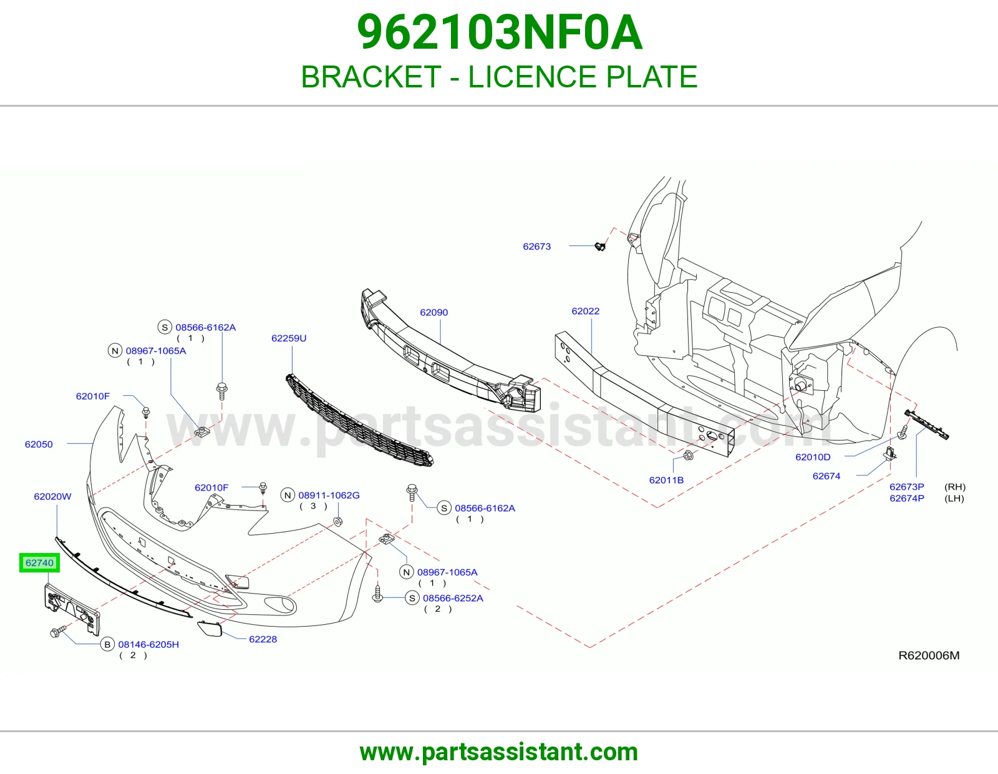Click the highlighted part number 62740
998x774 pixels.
coord(39,563)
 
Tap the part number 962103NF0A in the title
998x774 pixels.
coord(499,32)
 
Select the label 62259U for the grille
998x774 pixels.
coord(289,338)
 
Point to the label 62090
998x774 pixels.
coord(434,313)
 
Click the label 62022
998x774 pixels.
coord(586,311)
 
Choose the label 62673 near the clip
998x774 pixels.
coord(537,247)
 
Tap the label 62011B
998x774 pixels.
coord(666,480)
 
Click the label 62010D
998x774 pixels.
coord(813,458)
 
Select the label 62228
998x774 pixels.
coord(263,639)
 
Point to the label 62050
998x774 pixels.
coord(39,444)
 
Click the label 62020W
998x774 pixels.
coord(53,497)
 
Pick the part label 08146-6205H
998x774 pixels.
coord(148,645)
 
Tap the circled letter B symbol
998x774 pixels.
coord(107,645)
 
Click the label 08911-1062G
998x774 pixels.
coord(329,496)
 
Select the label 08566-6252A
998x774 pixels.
coord(453,599)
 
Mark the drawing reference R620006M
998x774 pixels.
coord(929,656)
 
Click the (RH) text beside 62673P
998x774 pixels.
coord(955,487)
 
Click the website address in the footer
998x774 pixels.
coord(499,752)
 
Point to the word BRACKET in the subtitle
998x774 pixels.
coord(371,77)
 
